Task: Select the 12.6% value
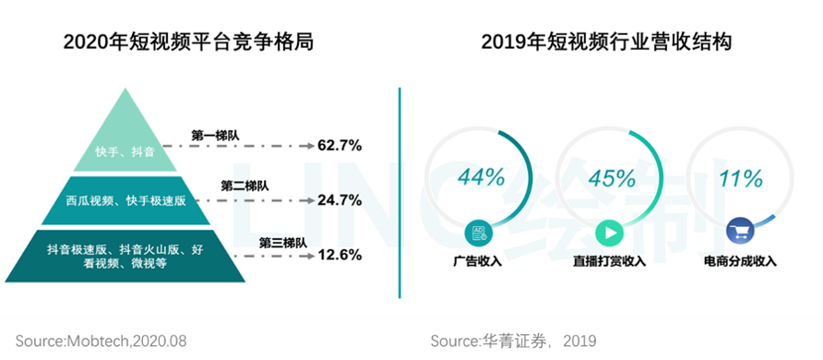pyautogui.click(x=339, y=255)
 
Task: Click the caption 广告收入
pyautogui.click(x=479, y=261)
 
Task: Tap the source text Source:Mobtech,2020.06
pyautogui.click(x=101, y=341)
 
